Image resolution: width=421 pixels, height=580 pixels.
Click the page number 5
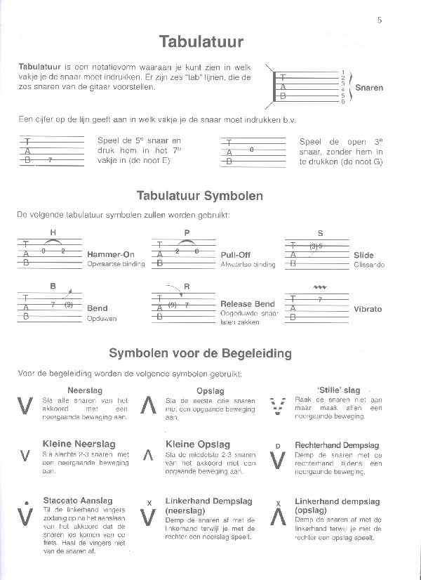click(x=380, y=20)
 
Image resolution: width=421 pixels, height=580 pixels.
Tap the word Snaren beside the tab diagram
click(x=369, y=88)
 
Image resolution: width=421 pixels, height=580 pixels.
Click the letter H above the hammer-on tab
click(x=53, y=232)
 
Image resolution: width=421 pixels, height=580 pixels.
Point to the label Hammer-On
click(x=110, y=254)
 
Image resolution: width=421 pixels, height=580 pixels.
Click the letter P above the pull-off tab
click(x=187, y=232)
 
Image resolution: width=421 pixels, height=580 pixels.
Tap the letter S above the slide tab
click(x=321, y=232)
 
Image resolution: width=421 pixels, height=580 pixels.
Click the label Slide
click(x=364, y=256)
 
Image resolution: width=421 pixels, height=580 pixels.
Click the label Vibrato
click(x=368, y=309)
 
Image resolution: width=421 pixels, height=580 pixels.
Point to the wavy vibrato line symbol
click(x=321, y=287)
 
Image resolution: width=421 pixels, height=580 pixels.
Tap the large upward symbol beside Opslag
click(x=148, y=407)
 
